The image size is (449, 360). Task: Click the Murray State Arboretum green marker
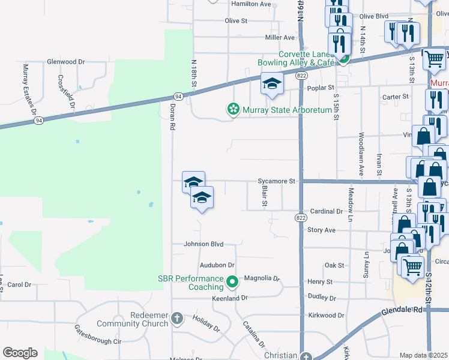pos(232,110)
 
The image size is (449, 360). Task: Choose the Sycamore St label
pos(277,181)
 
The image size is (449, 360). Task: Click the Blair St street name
pos(264,195)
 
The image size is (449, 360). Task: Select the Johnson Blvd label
pos(203,244)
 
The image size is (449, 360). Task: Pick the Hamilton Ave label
pos(252,4)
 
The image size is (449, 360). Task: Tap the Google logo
pos(20,353)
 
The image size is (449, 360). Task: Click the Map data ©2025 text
pos(424,355)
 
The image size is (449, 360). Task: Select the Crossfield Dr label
pos(66,91)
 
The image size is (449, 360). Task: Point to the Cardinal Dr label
pos(326,212)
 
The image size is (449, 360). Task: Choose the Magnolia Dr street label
pos(262,278)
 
